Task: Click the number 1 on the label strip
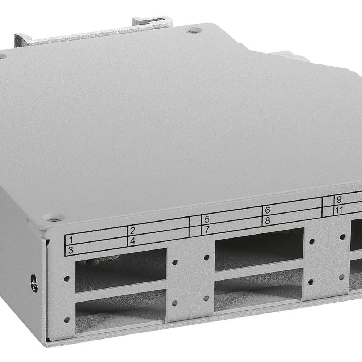click(71, 240)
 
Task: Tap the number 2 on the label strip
click(132, 231)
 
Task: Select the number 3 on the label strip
click(71, 250)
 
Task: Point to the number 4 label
click(133, 241)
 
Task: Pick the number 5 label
click(207, 220)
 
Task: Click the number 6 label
click(268, 210)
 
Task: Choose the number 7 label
click(207, 230)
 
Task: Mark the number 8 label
click(268, 220)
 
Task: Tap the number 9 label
click(339, 199)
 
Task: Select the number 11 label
click(340, 210)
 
